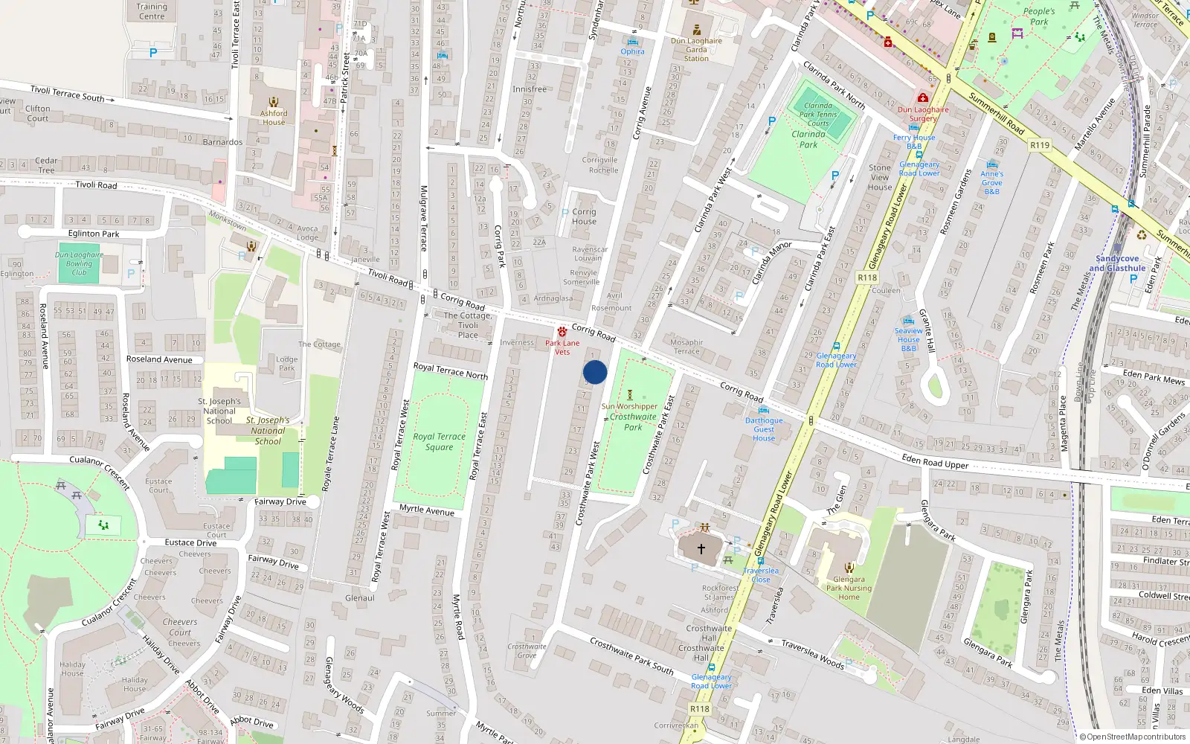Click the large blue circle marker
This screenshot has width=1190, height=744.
pyautogui.click(x=595, y=372)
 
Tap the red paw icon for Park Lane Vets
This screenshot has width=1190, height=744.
pyautogui.click(x=562, y=332)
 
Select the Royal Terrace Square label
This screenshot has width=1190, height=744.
pyautogui.click(x=440, y=442)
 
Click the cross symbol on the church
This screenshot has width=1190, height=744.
pyautogui.click(x=701, y=550)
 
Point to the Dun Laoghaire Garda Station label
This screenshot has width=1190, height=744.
pyautogui.click(x=696, y=50)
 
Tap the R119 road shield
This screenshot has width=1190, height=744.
pyautogui.click(x=1040, y=145)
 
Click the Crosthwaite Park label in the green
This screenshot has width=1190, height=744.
pyautogui.click(x=633, y=422)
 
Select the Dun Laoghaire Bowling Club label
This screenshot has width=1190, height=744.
pyautogui.click(x=79, y=263)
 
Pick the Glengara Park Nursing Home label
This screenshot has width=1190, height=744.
pyautogui.click(x=849, y=588)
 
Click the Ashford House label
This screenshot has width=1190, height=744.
pyautogui.click(x=274, y=118)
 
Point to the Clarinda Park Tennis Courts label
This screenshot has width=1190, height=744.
pyautogui.click(x=818, y=115)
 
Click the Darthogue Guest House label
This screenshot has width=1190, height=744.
pyautogui.click(x=764, y=429)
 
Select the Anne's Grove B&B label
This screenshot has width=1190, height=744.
pyautogui.click(x=991, y=182)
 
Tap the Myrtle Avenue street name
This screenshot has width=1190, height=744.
pyautogui.click(x=427, y=510)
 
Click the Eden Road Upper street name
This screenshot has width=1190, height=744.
pyautogui.click(x=935, y=462)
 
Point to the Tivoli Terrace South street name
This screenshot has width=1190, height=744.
pyautogui.click(x=68, y=94)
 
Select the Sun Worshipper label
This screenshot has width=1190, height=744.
pyautogui.click(x=629, y=406)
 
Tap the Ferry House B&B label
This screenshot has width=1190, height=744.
pyautogui.click(x=914, y=141)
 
